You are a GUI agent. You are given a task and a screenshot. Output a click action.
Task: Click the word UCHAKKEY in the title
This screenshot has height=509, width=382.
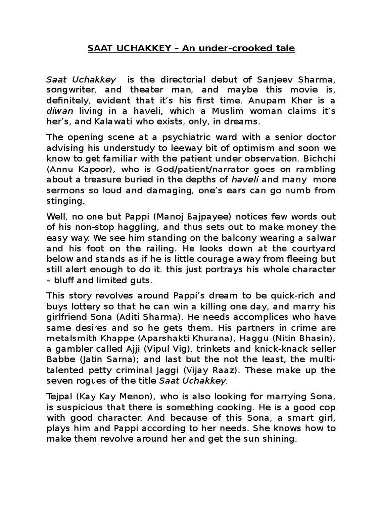tap(138, 48)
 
